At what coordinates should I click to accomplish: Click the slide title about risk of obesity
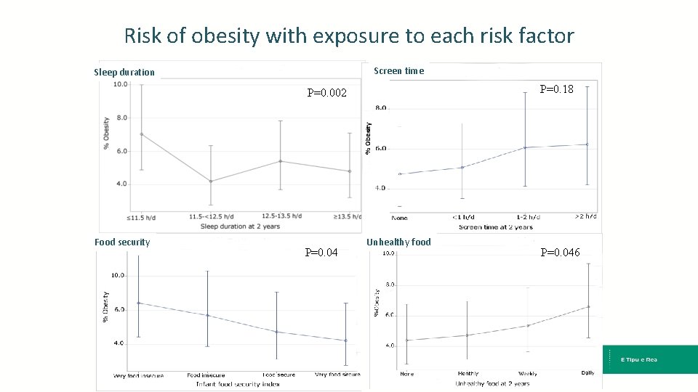(x=349, y=36)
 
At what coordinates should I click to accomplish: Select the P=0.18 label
(x=556, y=89)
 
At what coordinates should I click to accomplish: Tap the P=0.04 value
(x=321, y=253)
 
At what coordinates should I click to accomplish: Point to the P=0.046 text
(x=560, y=253)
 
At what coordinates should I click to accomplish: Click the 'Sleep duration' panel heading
(x=124, y=72)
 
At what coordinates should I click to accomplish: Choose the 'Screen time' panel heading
(x=398, y=70)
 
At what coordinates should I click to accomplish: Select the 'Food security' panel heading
(x=122, y=242)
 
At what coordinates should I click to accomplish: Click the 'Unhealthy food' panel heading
(x=398, y=242)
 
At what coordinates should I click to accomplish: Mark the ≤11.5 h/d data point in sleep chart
(x=142, y=134)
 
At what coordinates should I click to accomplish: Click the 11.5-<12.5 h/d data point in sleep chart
(x=211, y=181)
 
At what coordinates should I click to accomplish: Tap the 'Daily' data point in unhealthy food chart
(x=588, y=306)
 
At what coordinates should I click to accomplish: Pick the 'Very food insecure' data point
(x=138, y=303)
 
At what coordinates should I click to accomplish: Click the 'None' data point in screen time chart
(x=400, y=174)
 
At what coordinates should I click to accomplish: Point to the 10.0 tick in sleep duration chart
(x=120, y=84)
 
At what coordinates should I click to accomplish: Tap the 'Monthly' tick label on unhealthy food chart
(x=468, y=374)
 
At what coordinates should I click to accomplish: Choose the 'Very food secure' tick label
(x=337, y=375)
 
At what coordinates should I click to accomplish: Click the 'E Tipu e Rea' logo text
(x=638, y=359)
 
